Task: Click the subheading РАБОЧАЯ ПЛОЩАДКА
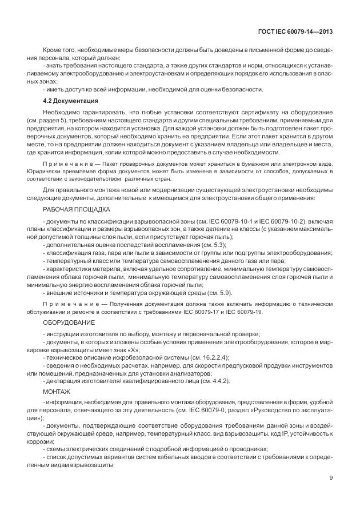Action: coord(73,210)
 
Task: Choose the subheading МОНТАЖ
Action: coord(57,392)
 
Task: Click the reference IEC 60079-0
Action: coord(219,410)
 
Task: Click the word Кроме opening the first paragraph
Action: coord(53,50)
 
